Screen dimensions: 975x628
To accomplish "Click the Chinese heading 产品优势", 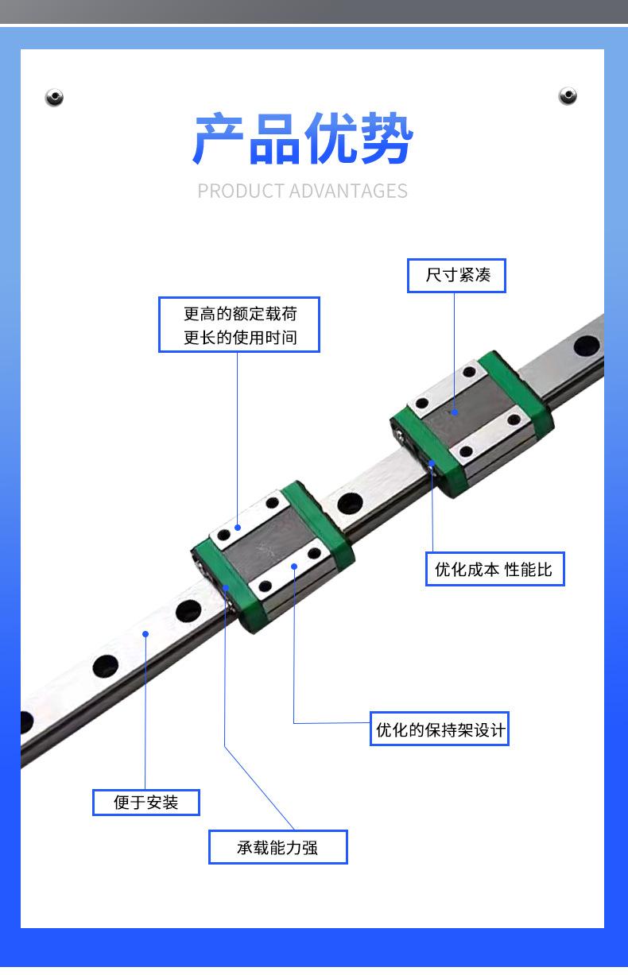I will [x=303, y=140].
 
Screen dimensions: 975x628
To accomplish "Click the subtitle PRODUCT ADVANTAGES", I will [x=302, y=191].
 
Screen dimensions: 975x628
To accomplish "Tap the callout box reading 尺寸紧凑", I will [x=457, y=275].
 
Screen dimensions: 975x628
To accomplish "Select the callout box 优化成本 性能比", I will [x=494, y=569].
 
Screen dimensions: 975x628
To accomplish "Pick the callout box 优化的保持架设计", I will [x=440, y=729].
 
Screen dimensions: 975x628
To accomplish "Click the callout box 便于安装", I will [x=146, y=802].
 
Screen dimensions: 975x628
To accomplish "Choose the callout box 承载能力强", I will [x=277, y=847].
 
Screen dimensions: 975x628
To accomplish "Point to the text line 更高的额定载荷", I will [x=239, y=313].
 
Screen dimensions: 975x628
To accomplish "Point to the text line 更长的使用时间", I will [x=239, y=337].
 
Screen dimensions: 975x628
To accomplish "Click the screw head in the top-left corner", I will [x=54, y=97].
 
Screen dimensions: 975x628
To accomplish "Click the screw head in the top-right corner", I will [x=568, y=96].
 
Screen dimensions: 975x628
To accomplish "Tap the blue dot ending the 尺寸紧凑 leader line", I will [x=455, y=412].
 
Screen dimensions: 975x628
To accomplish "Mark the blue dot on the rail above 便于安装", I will [x=145, y=633].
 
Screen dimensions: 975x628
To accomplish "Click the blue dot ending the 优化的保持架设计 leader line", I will [x=294, y=567].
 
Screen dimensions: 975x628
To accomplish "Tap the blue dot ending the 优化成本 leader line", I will [x=432, y=462].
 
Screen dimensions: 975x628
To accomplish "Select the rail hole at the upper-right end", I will [x=586, y=346].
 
